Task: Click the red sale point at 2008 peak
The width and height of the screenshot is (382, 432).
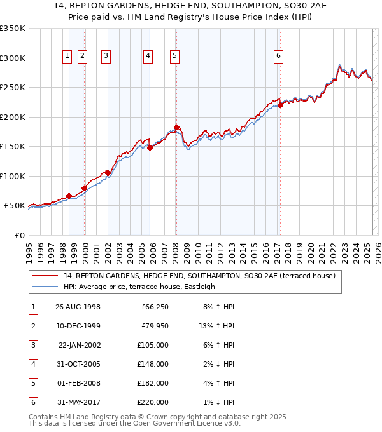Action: click(x=176, y=127)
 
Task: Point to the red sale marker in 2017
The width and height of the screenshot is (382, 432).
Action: click(x=280, y=105)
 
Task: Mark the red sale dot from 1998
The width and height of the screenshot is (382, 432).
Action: click(x=69, y=196)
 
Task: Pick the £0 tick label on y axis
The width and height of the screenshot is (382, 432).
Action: click(x=19, y=235)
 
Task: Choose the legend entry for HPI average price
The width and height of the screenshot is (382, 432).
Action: click(x=139, y=287)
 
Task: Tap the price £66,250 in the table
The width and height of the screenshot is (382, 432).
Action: click(x=154, y=307)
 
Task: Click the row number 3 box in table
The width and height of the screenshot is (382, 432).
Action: click(x=32, y=345)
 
